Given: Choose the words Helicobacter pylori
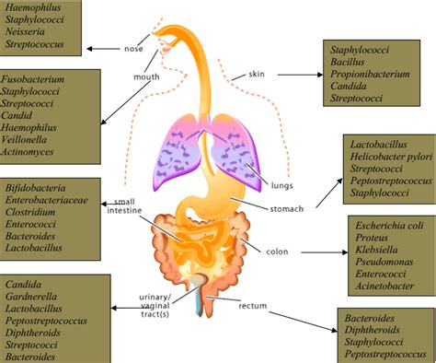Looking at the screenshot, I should [x=389, y=156].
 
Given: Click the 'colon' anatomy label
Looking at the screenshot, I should [x=277, y=252].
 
